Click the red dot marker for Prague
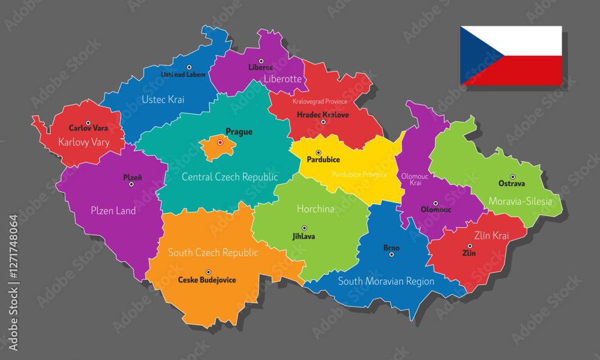click(220, 143)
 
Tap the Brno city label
click(391, 248)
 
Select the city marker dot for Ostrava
click(512, 176)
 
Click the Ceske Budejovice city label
click(207, 280)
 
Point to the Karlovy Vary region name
click(84, 142)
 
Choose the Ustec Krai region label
click(163, 100)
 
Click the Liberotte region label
click(283, 79)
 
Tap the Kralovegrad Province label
click(320, 101)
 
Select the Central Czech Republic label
click(230, 177)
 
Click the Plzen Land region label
click(113, 211)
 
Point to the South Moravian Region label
click(386, 281)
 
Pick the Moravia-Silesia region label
click(520, 202)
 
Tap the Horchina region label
click(316, 209)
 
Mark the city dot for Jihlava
click(304, 228)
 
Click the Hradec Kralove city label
click(323, 114)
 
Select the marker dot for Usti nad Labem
click(188, 67)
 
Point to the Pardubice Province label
click(359, 175)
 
